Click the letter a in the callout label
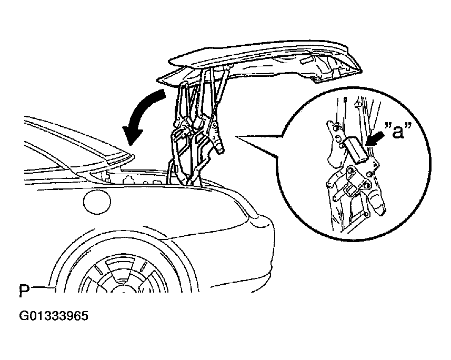point(398,132)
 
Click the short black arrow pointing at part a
point(375,139)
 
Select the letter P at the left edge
point(24,291)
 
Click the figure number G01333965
point(54,316)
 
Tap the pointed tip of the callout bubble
point(236,136)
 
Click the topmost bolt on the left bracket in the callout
point(336,126)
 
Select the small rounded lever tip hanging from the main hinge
point(220,147)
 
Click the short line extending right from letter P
point(42,287)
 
